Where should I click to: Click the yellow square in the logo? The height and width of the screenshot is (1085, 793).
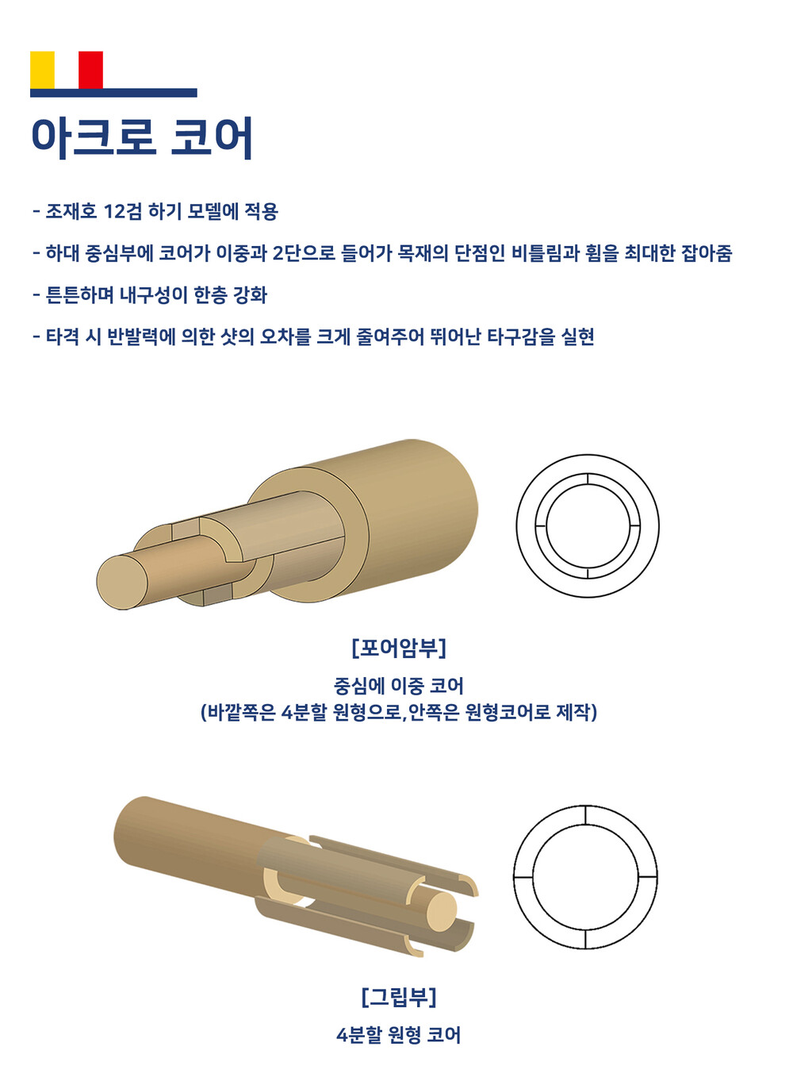point(42,70)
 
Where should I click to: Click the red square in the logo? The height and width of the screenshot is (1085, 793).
point(90,70)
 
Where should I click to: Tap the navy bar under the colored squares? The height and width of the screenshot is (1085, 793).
point(113,93)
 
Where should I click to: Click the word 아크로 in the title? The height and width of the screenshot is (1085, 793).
point(93,137)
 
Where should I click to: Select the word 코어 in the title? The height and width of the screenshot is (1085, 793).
point(213,137)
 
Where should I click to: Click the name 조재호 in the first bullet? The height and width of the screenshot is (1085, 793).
point(71,211)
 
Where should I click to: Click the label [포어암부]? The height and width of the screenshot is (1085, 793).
point(399,648)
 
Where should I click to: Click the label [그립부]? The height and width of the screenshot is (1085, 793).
point(399,996)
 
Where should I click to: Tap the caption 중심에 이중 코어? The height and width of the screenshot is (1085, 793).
point(399,686)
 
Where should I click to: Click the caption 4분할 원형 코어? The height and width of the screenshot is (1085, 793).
point(399,1035)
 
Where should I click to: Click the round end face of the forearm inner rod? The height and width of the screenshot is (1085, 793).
point(122,583)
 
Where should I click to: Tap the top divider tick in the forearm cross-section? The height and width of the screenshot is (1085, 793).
point(588,479)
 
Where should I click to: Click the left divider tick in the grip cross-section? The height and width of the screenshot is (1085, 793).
point(523,876)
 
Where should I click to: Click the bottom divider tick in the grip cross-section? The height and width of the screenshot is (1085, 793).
point(585,939)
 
